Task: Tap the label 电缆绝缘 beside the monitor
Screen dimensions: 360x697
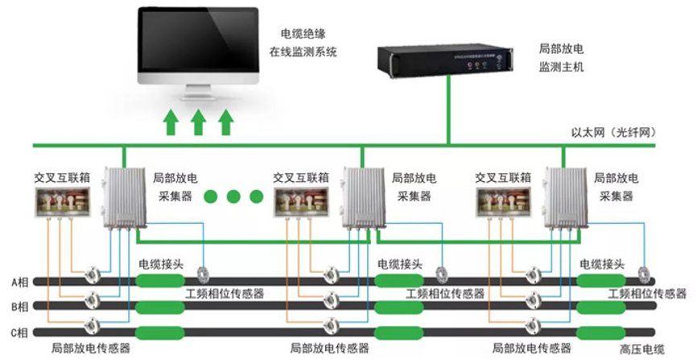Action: [x=302, y=34]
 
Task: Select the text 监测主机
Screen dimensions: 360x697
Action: [x=561, y=67]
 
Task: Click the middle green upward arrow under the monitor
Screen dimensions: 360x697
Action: [x=198, y=122]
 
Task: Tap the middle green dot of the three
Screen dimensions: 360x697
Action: [x=233, y=196]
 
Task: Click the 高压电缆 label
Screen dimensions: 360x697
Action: [x=642, y=349]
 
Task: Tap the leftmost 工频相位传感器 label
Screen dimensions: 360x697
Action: [x=225, y=293]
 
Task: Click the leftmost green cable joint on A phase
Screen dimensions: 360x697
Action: [x=159, y=281]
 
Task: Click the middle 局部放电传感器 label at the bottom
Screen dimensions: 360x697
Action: [x=328, y=349]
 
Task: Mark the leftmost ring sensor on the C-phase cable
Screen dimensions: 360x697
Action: [x=92, y=325]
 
